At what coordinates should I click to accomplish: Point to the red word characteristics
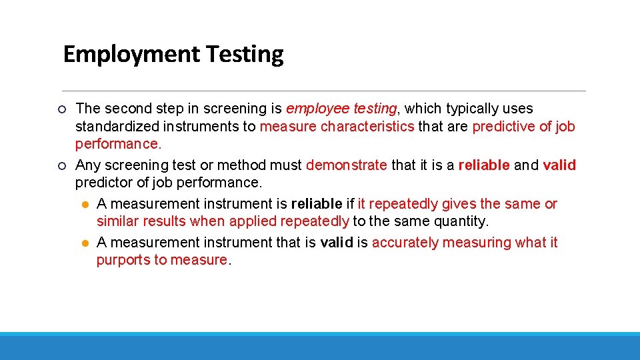tap(367, 127)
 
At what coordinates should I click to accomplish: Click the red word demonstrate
tap(346, 165)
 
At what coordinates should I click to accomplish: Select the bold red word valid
tap(559, 165)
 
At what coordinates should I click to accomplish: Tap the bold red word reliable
tap(484, 165)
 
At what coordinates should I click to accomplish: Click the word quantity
tap(462, 221)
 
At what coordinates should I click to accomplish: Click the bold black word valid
tap(337, 243)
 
